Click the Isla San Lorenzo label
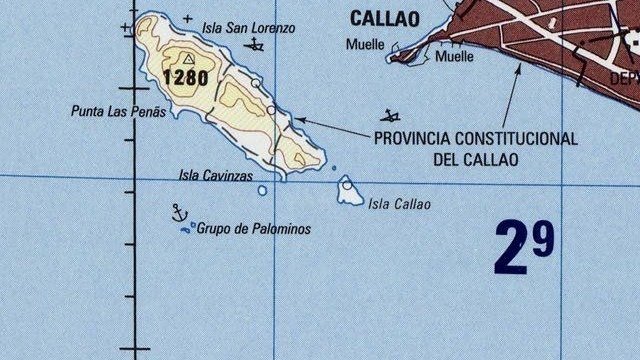pos(248,29)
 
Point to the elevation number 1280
pos(185,77)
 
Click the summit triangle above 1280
pos(188,59)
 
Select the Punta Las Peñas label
pos(117,112)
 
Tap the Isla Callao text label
pos(399,205)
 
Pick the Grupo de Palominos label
pos(253,229)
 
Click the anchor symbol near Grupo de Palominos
pos(180,212)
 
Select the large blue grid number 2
pos(512,249)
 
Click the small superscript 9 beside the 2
pos(542,238)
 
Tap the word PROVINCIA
pos(414,139)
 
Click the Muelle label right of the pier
pos(454,57)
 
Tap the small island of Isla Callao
pos(349,191)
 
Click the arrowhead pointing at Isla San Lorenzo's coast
pos(297,121)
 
